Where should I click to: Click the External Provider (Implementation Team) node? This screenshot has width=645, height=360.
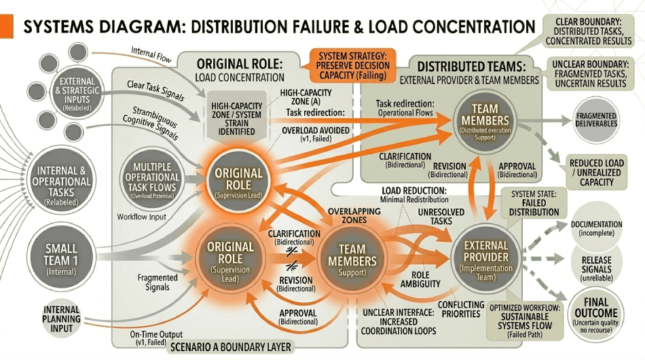[485, 259]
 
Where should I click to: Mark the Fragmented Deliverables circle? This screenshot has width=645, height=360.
[596, 120]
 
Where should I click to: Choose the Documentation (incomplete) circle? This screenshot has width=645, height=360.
[596, 229]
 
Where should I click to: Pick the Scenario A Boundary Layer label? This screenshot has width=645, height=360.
[232, 347]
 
